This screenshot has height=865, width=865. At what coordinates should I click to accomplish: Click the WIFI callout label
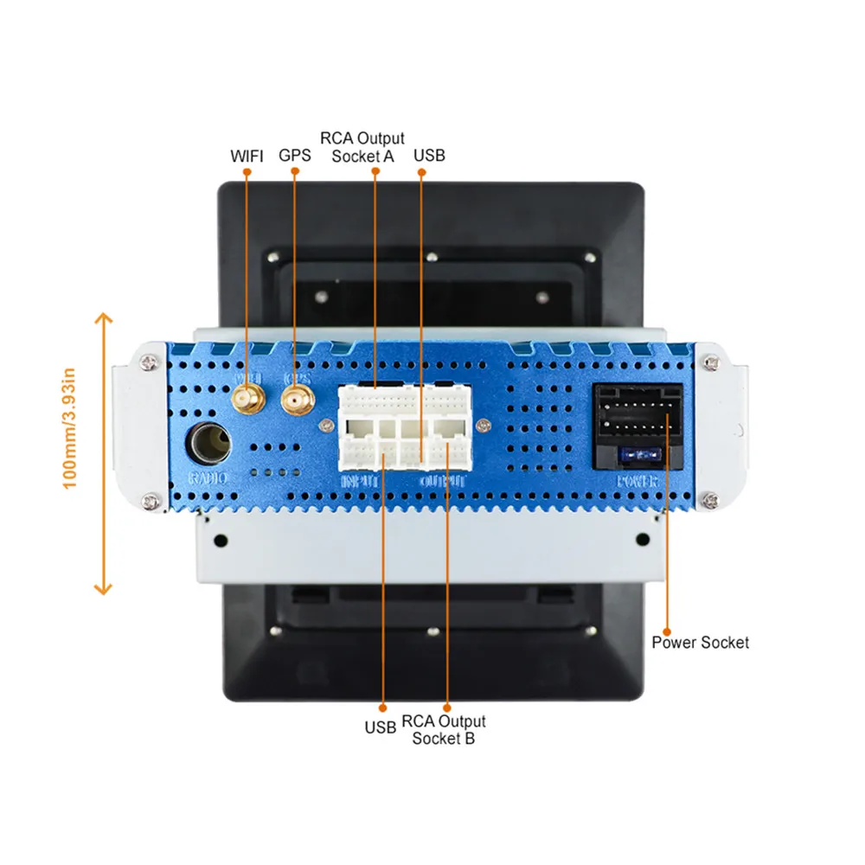tap(247, 157)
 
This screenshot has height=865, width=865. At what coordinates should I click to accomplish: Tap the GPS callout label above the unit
tap(295, 157)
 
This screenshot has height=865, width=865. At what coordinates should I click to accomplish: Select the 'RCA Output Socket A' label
tap(362, 147)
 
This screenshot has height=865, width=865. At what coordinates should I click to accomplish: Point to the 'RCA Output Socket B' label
tap(444, 729)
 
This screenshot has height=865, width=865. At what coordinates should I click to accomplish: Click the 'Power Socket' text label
tap(700, 643)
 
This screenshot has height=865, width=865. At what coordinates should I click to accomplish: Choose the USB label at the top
tap(429, 157)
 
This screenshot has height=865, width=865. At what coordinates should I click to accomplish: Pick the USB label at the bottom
tap(380, 728)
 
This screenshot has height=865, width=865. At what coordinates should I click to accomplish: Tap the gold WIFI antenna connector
tap(247, 400)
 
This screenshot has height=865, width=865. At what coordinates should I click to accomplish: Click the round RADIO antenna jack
tap(209, 445)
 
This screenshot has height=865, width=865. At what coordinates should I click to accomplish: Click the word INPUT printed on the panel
tap(361, 480)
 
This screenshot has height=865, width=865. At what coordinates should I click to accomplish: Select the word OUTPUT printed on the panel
tap(443, 480)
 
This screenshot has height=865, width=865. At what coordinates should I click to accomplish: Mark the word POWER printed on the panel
tap(637, 481)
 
